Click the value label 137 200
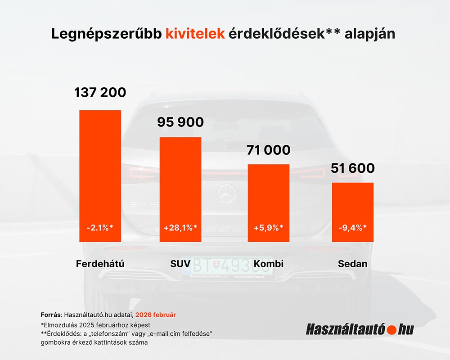tap(100, 93)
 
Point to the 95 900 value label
tap(180, 122)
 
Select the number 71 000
tap(269, 150)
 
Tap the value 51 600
tap(353, 168)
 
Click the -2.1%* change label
tap(100, 227)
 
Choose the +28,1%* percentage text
tap(180, 227)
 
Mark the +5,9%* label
tap(269, 227)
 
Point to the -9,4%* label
tap(353, 227)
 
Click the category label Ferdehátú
tap(100, 264)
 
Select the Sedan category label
tap(353, 264)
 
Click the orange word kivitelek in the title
tap(195, 34)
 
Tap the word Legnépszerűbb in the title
tap(106, 34)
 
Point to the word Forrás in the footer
tap(51, 314)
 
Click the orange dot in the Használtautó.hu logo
tap(391, 330)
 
